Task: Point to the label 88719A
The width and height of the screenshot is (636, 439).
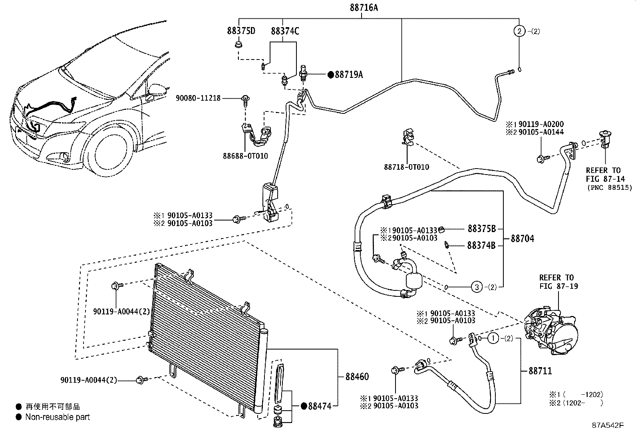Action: click(349, 74)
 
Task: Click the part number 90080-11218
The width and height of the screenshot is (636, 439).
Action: click(198, 98)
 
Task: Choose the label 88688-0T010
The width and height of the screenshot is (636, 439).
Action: click(245, 156)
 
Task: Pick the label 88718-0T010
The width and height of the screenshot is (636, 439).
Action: click(407, 167)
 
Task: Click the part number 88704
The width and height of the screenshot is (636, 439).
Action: click(523, 239)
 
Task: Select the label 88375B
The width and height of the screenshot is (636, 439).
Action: click(481, 228)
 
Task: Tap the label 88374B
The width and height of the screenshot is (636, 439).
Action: click(481, 245)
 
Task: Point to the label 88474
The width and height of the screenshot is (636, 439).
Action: click(320, 406)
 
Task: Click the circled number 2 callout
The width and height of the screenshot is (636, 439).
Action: click(519, 31)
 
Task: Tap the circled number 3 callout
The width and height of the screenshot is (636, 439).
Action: click(476, 286)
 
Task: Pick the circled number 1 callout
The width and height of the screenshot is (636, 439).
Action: click(493, 339)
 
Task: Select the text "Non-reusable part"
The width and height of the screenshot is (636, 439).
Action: click(58, 417)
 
